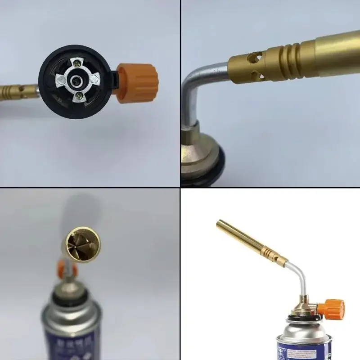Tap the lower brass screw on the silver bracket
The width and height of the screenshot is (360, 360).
coord(80,95)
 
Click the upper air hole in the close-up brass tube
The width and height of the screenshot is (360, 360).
coord(255,57)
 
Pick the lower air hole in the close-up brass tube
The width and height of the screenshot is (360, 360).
coord(256,74)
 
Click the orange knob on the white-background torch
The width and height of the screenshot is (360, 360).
coord(333,308)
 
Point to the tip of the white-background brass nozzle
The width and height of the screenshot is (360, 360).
coord(220,223)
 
